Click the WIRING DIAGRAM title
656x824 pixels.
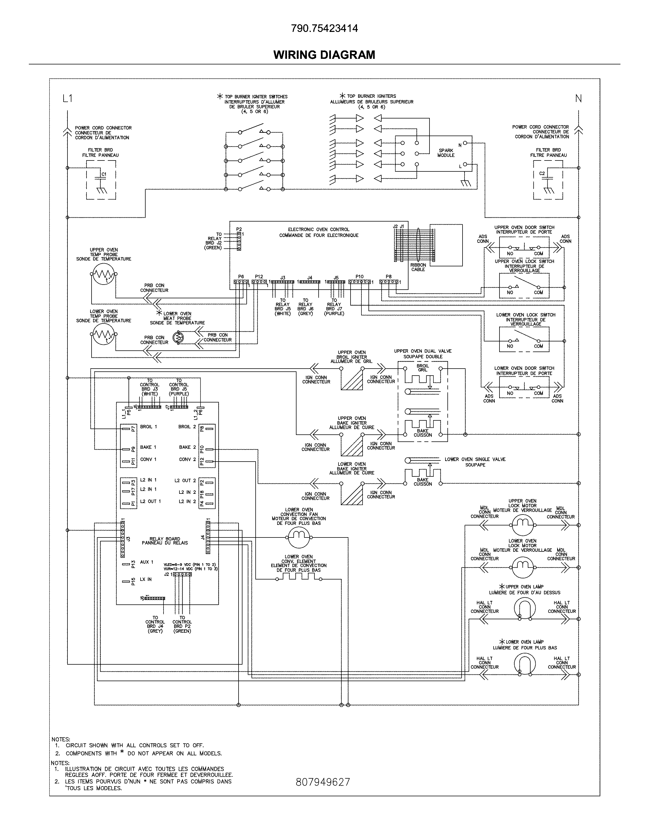click(x=324, y=55)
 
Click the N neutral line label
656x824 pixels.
click(x=578, y=99)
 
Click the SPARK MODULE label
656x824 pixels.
click(x=446, y=153)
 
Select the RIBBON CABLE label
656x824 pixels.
click(x=418, y=267)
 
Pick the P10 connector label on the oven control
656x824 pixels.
click(x=359, y=277)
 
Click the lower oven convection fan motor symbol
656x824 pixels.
click(x=298, y=537)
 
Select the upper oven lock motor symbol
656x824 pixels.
click(x=522, y=525)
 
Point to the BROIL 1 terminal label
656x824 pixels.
click(x=149, y=427)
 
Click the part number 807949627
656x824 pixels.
click(x=323, y=782)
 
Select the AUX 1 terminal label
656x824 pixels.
click(x=146, y=562)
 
